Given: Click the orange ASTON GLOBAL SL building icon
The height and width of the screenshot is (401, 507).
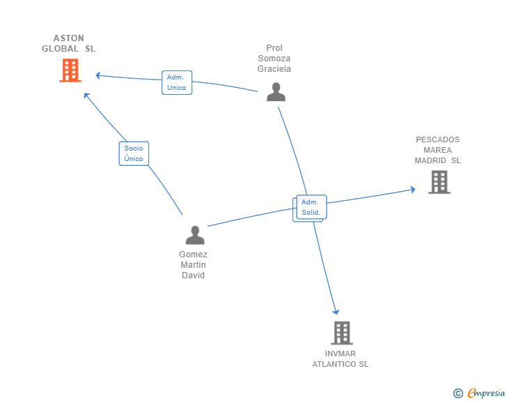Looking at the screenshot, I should [x=70, y=70].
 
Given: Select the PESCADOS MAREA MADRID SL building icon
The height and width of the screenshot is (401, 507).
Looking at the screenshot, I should [x=439, y=182].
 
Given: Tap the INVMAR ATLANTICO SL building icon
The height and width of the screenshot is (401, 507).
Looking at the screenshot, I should [x=342, y=333].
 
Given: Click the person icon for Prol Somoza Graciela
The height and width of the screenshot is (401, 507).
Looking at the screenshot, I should [x=276, y=92].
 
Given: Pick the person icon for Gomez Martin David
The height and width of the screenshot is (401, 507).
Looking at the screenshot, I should [x=195, y=235].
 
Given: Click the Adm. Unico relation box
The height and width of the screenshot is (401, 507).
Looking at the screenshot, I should [x=177, y=82].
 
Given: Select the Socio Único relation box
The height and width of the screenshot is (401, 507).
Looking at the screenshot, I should [x=134, y=153].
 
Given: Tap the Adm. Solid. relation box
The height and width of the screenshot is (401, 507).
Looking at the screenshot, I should [x=311, y=207].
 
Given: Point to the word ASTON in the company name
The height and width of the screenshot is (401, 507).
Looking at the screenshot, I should [x=68, y=38].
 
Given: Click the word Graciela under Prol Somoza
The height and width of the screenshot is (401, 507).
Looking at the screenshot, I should [x=274, y=69].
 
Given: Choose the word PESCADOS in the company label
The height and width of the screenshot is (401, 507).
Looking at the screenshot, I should [x=438, y=139].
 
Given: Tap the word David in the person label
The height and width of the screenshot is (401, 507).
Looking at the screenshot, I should [x=193, y=275].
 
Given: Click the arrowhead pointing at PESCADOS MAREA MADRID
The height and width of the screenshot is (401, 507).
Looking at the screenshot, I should [x=412, y=189].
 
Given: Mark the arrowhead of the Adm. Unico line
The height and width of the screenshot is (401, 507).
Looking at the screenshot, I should [x=99, y=75].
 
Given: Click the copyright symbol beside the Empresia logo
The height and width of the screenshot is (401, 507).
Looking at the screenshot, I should [x=458, y=393].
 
